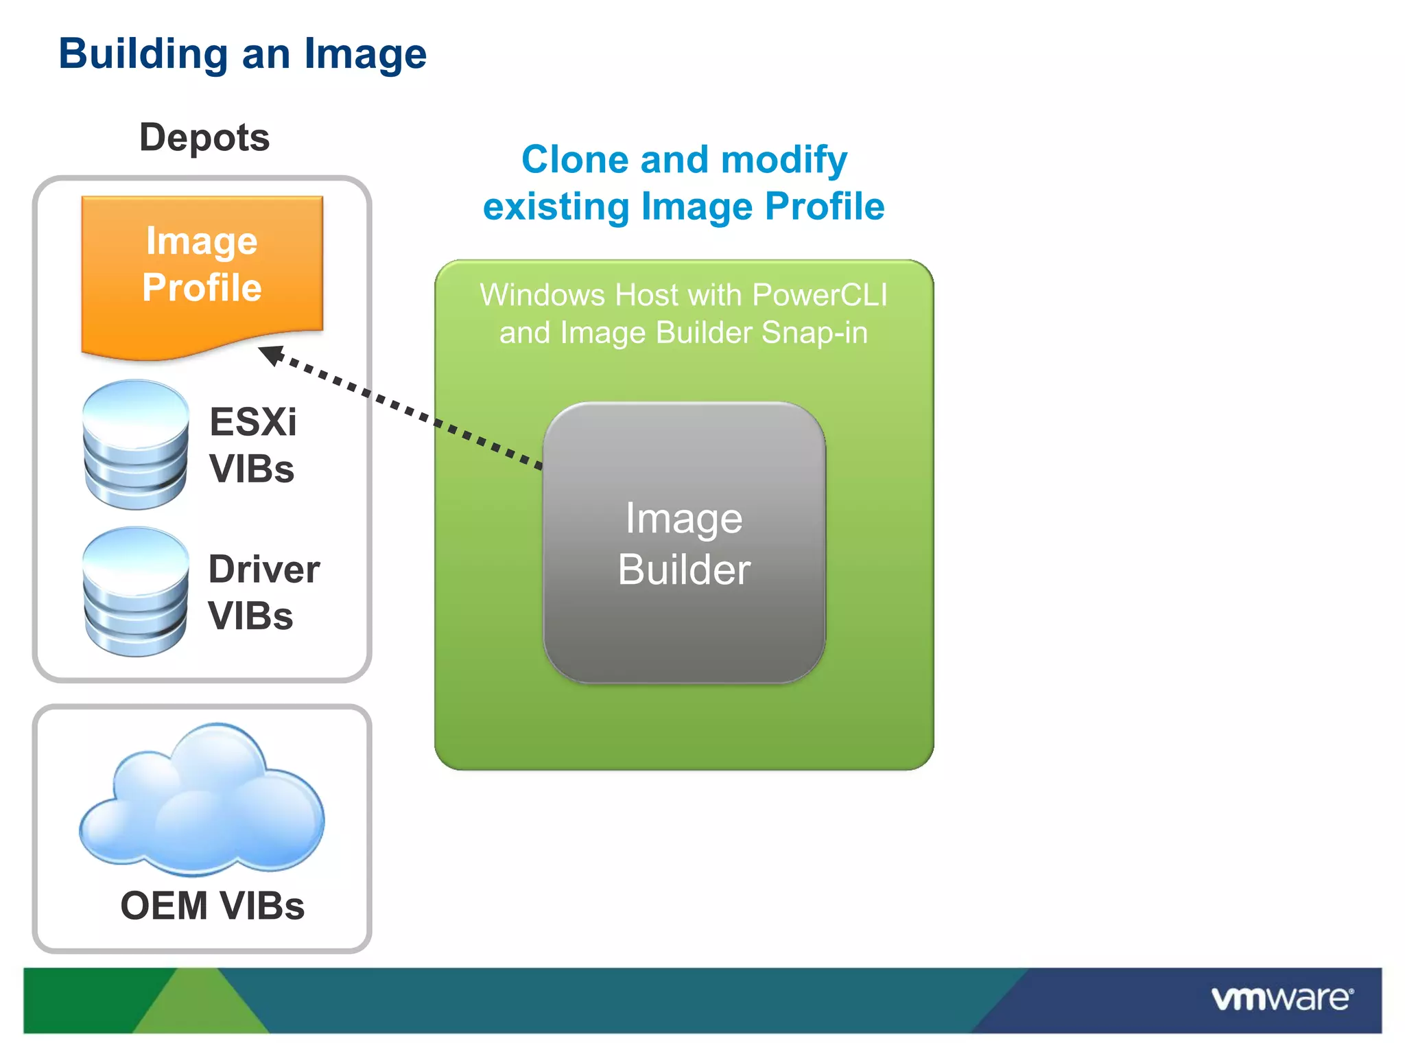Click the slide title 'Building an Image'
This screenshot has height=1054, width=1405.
[242, 54]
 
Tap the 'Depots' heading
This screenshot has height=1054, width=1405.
[204, 137]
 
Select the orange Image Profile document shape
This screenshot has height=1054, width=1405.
[202, 274]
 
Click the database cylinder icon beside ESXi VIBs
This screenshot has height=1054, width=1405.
[135, 445]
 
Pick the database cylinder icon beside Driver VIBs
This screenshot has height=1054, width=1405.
[135, 592]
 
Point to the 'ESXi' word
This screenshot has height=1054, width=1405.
[252, 421]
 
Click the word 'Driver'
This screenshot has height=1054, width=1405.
[264, 570]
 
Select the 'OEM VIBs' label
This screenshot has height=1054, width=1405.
[212, 906]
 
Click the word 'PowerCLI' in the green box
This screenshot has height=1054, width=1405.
[820, 295]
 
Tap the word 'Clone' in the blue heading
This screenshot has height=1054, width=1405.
[575, 160]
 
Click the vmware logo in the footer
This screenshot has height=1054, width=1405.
[1282, 998]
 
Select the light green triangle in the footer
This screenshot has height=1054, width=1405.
[199, 1005]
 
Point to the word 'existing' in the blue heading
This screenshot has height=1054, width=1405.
[556, 207]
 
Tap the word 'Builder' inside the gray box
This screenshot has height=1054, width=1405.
[684, 570]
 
